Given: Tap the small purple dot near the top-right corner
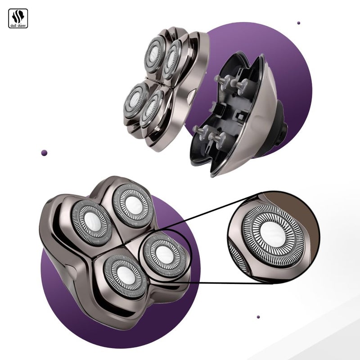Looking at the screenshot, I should [298, 23].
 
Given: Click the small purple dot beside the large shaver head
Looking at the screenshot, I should [44, 153].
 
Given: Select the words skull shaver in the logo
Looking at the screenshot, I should [18, 25].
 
